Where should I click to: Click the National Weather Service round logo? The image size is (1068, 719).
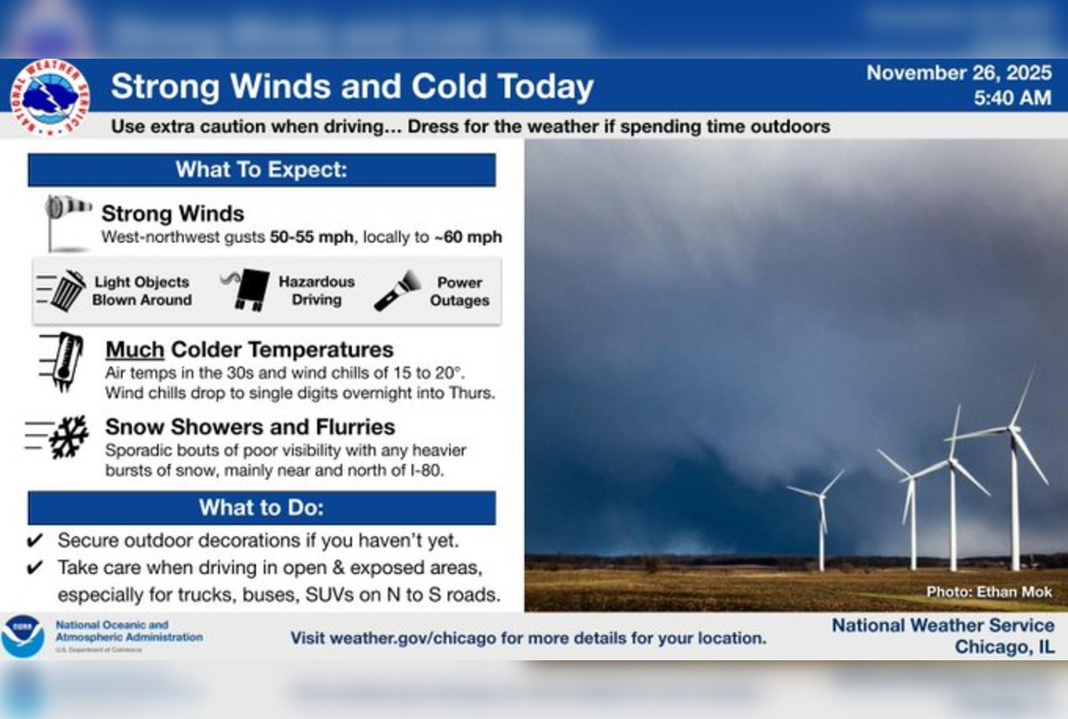50,97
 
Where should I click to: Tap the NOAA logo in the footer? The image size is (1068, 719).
22,636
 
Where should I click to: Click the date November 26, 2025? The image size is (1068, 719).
959,73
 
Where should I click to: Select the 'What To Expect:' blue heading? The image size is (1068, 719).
261,169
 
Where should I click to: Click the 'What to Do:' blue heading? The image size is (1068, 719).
261,507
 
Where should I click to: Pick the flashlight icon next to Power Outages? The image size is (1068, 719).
397,291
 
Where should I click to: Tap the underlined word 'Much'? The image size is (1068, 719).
134,349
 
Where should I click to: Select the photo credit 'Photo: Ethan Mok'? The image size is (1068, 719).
989,592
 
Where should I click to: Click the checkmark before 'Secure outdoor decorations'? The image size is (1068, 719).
35,540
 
